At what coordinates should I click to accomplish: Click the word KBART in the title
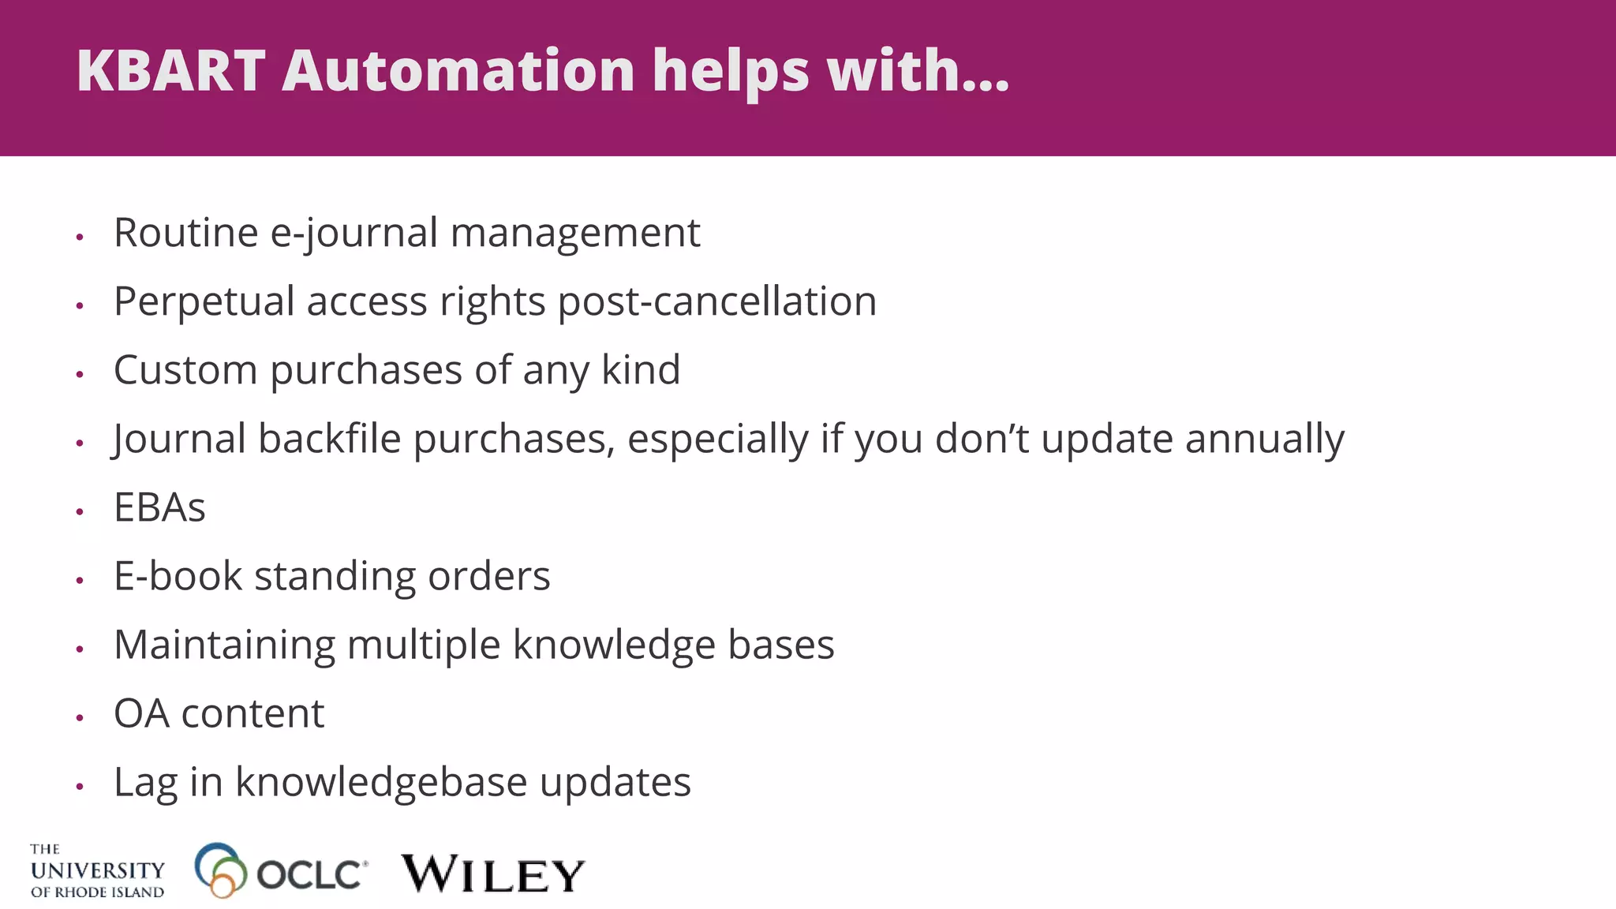[x=170, y=71]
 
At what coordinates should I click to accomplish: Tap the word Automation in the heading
[x=458, y=71]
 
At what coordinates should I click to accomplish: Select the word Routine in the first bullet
[x=186, y=233]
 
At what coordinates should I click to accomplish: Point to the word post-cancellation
[x=717, y=301]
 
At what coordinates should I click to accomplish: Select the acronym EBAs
[x=159, y=507]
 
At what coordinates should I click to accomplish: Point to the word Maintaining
[x=224, y=645]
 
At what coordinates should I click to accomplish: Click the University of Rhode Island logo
[x=97, y=871]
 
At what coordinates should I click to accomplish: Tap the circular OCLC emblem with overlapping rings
[x=219, y=870]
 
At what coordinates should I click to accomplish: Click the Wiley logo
[x=493, y=873]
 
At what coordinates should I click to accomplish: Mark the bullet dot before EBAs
[x=80, y=512]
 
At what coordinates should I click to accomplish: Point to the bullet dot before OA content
[x=80, y=718]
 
